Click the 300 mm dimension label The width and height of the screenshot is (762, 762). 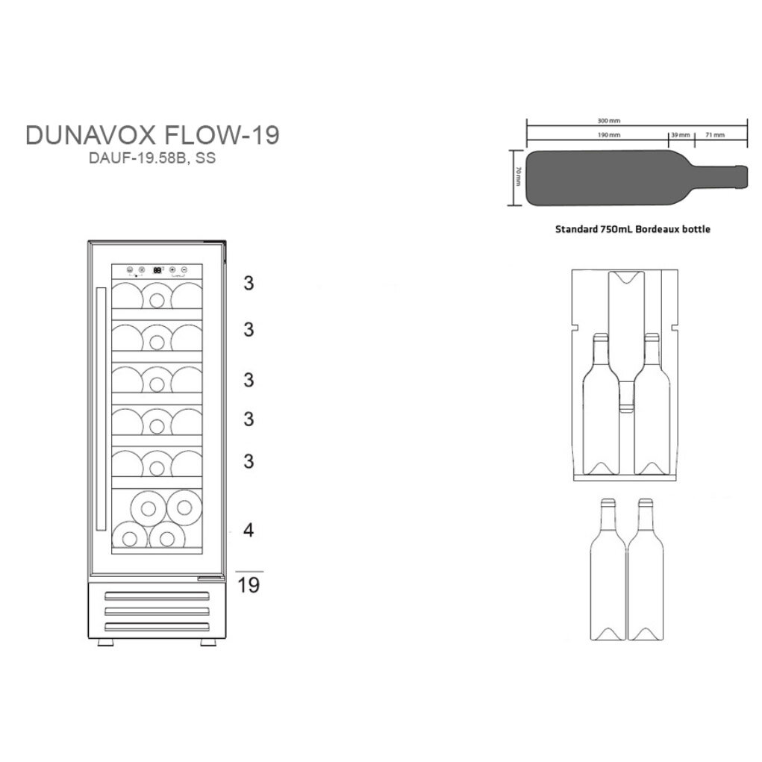[x=610, y=120]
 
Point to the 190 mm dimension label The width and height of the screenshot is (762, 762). [x=610, y=135]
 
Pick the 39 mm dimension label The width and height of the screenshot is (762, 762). [x=680, y=135]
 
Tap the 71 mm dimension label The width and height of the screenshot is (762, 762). [x=715, y=135]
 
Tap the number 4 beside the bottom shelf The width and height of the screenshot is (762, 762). [x=249, y=531]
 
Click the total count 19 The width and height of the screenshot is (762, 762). [x=249, y=585]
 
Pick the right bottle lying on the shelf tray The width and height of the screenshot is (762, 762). [x=652, y=407]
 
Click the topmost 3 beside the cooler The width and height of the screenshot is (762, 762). [x=249, y=283]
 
